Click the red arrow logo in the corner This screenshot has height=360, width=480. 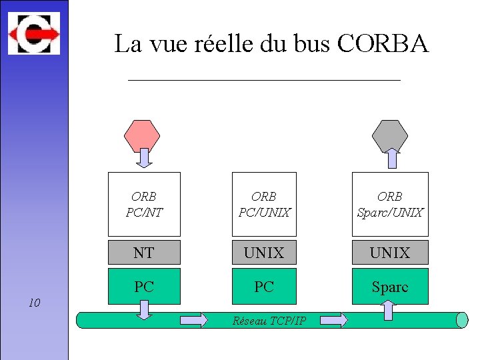tap(33, 33)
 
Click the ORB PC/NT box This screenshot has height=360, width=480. tap(144, 204)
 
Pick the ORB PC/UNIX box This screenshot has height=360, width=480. tap(264, 204)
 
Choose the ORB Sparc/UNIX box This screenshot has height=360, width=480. tap(390, 204)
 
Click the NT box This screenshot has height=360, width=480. tap(144, 253)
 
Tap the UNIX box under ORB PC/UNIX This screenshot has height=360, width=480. tap(264, 253)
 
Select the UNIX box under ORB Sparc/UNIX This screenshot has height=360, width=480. tap(390, 253)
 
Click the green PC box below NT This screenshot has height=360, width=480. tap(144, 286)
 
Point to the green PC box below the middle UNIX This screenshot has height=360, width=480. tap(264, 286)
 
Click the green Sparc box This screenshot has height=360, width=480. tap(390, 286)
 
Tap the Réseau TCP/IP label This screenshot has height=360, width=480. tap(269, 321)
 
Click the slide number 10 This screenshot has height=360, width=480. tap(35, 303)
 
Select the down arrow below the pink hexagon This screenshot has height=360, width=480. tap(144, 158)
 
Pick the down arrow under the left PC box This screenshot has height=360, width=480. tap(144, 309)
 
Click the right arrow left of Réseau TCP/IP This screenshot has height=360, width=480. tap(194, 321)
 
